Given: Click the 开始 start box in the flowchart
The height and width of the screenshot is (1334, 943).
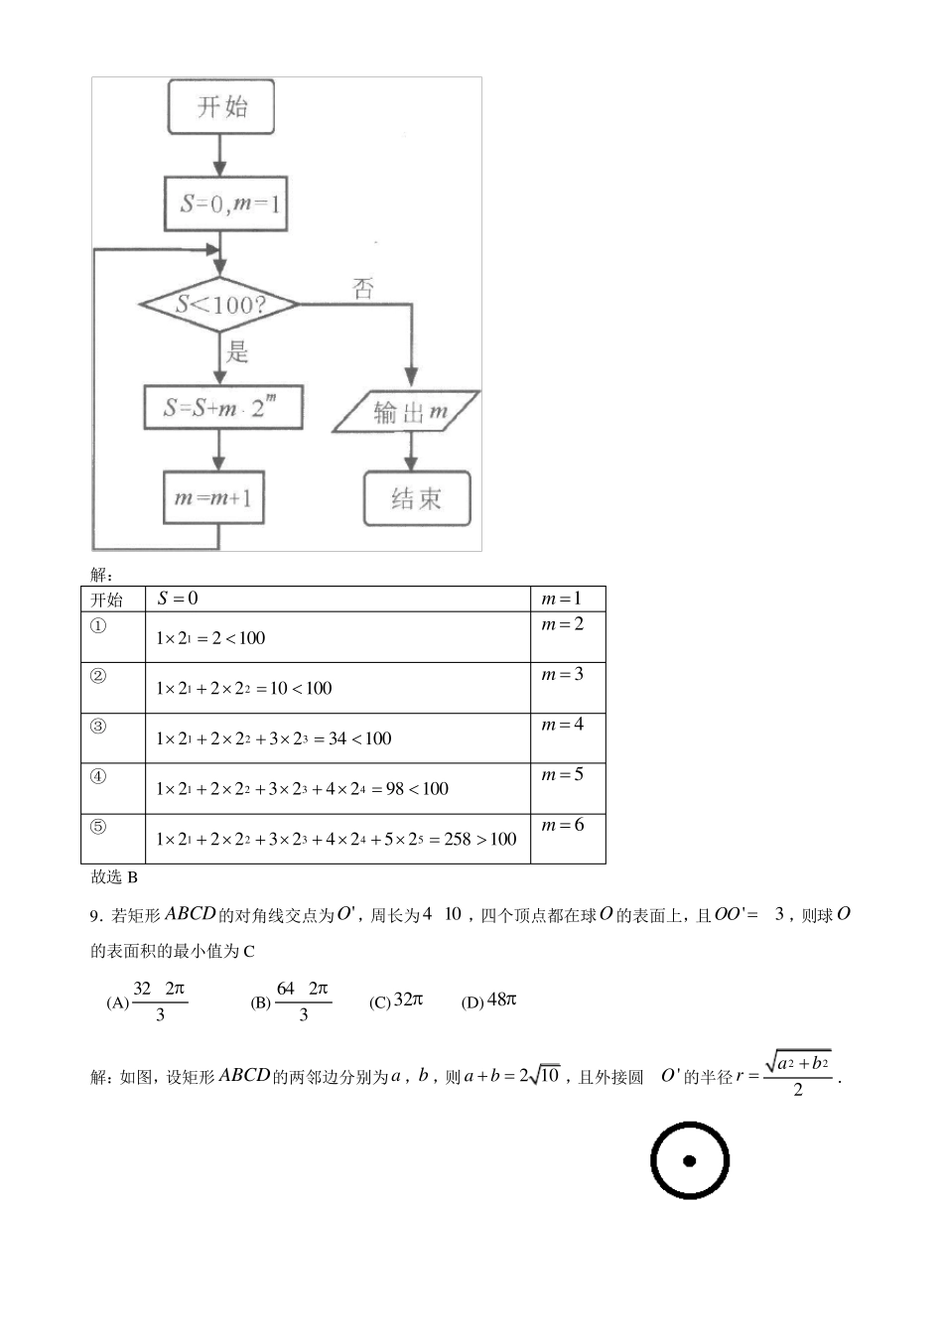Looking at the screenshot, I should tap(220, 107).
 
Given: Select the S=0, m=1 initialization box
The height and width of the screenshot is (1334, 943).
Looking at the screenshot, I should tap(226, 204).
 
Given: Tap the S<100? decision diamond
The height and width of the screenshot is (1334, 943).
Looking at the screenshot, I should tap(219, 304).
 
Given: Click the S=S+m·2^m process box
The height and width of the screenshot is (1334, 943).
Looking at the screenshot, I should tap(222, 407).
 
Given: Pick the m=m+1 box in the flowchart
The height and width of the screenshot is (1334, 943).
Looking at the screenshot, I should tap(212, 497).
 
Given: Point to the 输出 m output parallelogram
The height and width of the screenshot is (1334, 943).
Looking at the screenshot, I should tap(407, 412).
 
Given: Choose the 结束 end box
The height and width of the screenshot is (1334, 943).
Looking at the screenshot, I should tap(416, 498).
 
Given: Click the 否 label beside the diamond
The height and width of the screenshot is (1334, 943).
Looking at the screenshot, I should tap(363, 288).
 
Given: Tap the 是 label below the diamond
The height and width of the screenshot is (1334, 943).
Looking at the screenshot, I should tap(236, 351).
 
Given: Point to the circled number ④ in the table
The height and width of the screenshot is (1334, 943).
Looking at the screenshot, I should tap(98, 776).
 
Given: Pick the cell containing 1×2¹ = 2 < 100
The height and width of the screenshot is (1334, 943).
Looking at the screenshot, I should tap(210, 638).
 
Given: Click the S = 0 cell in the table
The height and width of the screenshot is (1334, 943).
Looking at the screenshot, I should tap(178, 598).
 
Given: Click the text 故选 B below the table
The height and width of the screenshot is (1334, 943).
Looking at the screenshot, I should tap(113, 876).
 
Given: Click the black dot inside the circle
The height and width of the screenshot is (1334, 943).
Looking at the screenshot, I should tap(689, 1160).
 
